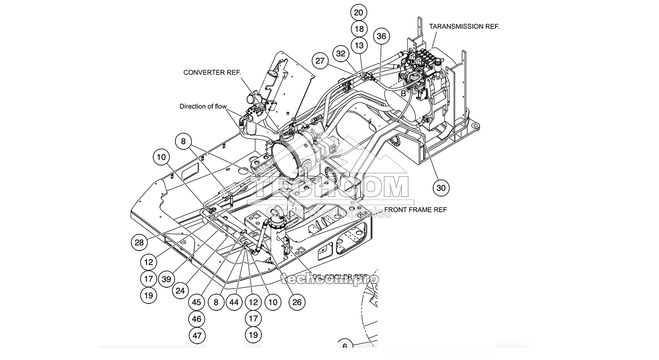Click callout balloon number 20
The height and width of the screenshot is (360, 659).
359,12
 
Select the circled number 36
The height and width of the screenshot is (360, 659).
381,37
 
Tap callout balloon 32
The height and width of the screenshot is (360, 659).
341,53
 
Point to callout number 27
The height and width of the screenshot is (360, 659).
321,61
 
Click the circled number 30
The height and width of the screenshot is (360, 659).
440,187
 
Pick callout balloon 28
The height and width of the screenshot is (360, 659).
139,242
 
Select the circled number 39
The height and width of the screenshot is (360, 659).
166,279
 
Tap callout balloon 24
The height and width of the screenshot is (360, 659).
180,290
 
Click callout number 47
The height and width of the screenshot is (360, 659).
197,336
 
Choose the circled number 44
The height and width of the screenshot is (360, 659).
234,302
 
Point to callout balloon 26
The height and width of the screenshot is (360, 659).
297,302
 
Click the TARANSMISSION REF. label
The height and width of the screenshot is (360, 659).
464,26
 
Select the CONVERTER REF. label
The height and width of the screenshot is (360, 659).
212,72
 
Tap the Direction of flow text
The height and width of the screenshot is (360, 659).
203,107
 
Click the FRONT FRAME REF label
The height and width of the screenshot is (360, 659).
415,210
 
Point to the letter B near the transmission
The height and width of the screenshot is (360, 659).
403,94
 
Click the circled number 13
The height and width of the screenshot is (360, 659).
359,45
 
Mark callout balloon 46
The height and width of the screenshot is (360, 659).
197,319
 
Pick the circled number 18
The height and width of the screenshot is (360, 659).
359,29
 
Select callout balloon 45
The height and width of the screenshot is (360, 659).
197,302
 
